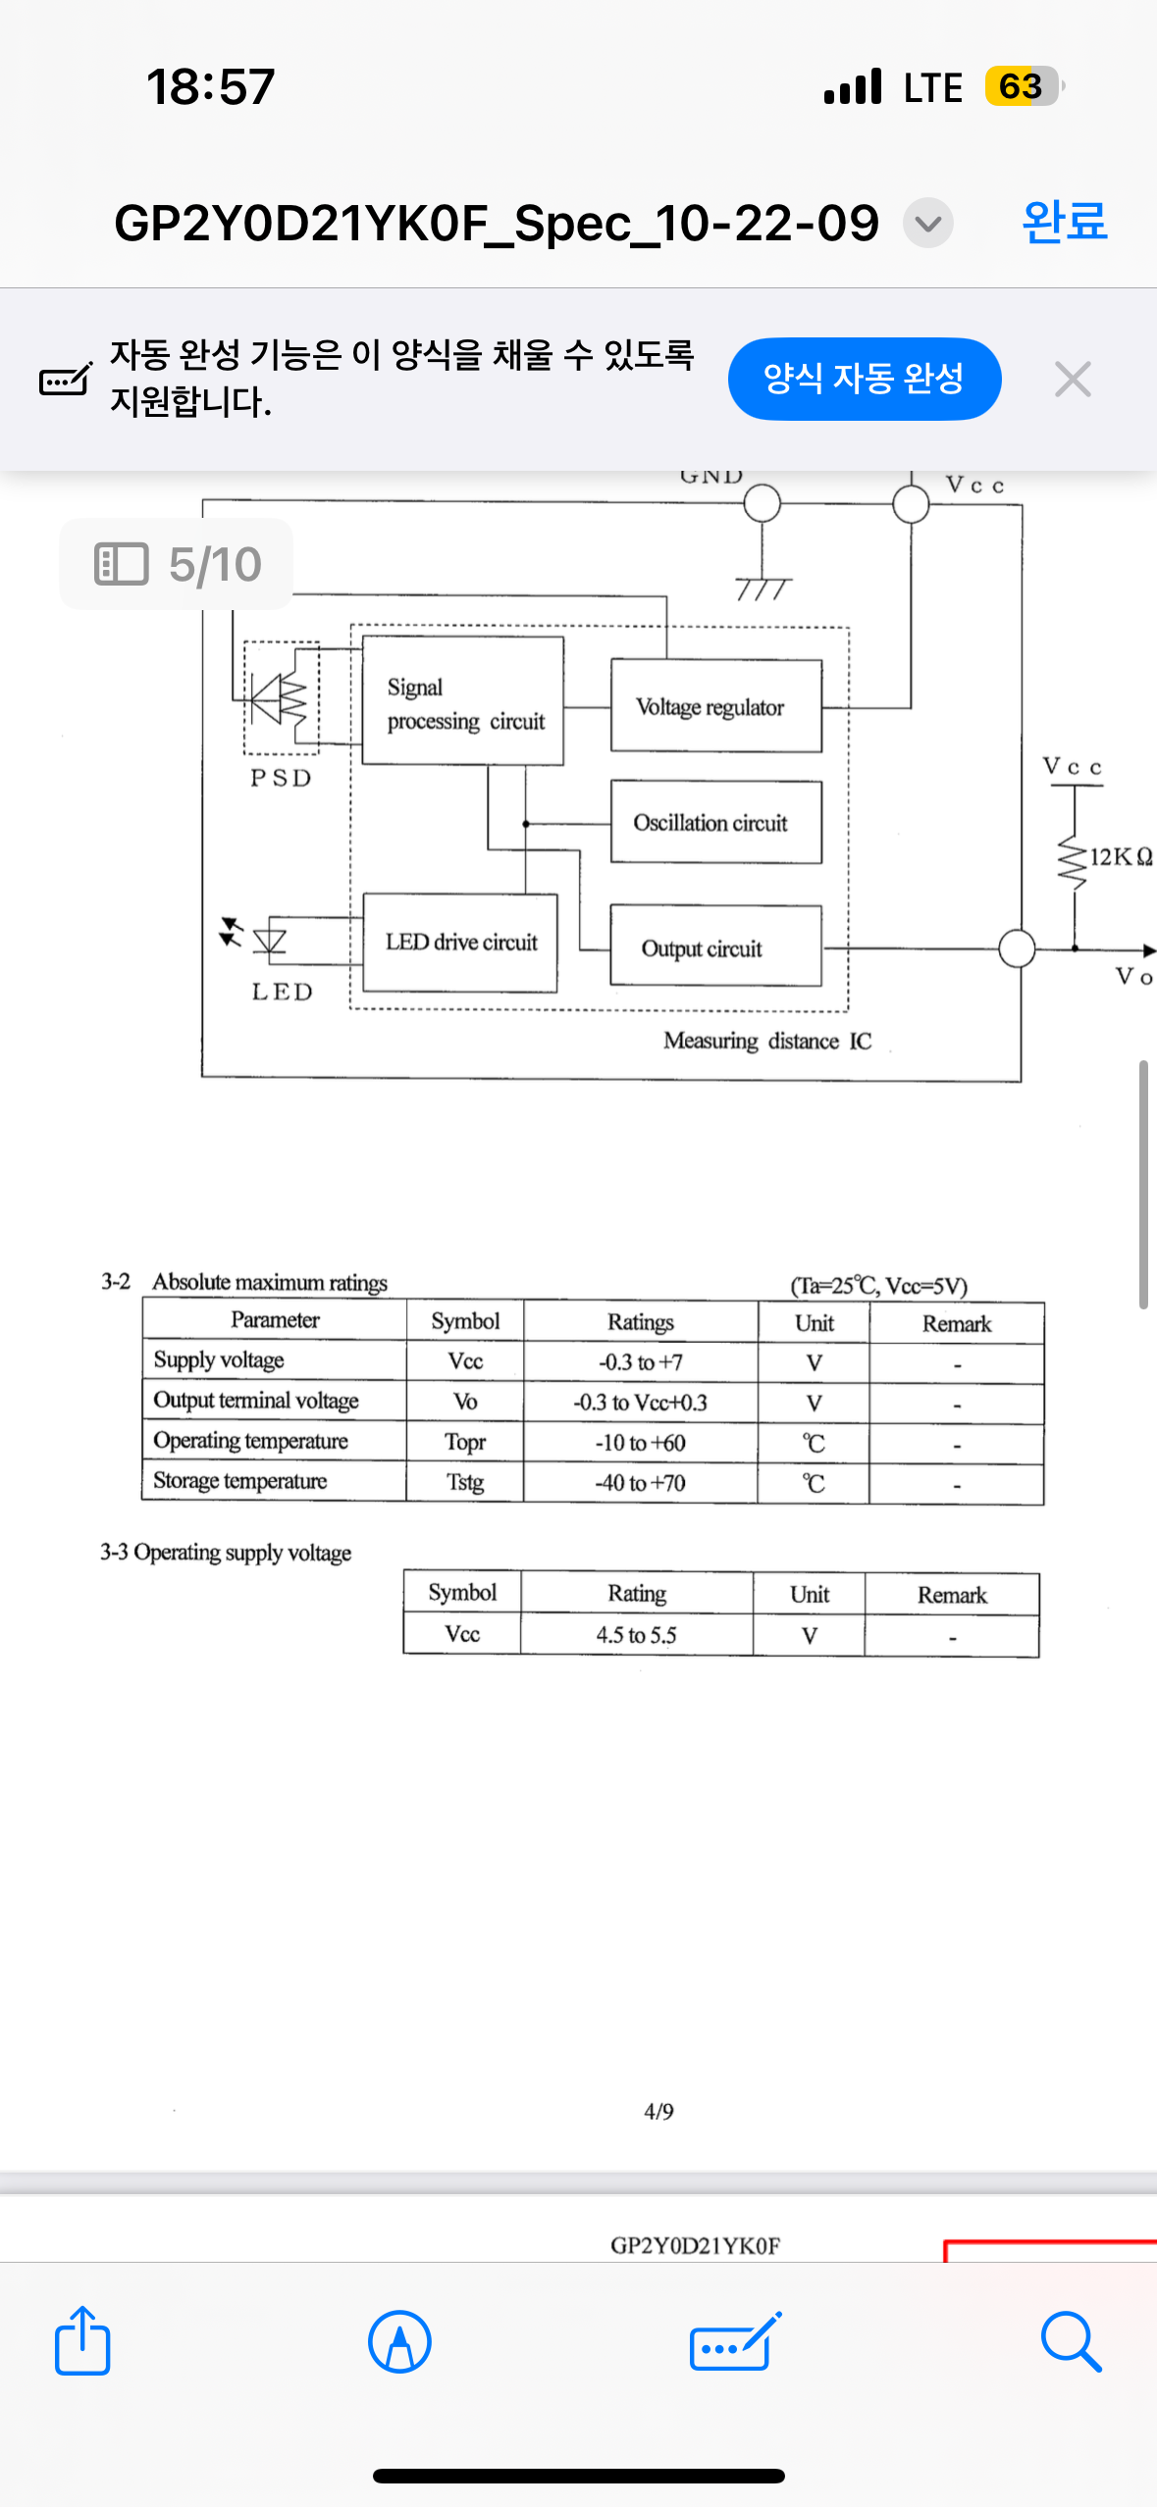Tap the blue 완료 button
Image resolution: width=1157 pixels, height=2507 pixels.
click(x=1064, y=222)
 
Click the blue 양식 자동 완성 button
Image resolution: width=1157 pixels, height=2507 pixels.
click(x=864, y=379)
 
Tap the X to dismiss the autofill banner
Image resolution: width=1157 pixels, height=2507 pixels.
click(x=1072, y=379)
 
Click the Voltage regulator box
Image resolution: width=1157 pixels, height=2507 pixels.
click(x=715, y=706)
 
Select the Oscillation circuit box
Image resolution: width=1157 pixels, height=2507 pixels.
click(x=715, y=822)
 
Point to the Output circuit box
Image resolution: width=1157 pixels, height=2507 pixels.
click(x=715, y=947)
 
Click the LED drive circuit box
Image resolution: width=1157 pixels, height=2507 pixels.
click(x=460, y=942)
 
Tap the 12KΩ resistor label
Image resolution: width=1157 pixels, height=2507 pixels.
click(x=1121, y=857)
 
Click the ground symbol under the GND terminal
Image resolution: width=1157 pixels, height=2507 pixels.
click(x=763, y=588)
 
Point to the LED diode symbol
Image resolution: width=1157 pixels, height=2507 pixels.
click(x=269, y=941)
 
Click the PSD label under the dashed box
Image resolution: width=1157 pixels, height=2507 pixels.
click(x=281, y=778)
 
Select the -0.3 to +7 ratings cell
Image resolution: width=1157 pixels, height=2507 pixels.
click(x=640, y=1362)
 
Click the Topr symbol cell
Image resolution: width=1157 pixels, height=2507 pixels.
click(x=465, y=1442)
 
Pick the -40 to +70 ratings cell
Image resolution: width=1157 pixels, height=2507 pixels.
click(x=640, y=1482)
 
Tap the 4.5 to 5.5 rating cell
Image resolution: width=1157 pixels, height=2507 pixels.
click(x=636, y=1635)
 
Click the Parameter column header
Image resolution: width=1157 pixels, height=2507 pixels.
click(x=275, y=1320)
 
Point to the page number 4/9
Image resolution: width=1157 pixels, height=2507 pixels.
click(x=658, y=2111)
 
